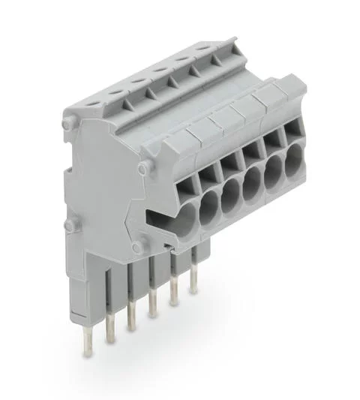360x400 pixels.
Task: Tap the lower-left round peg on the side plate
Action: click(70, 224)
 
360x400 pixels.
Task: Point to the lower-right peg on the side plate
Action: click(137, 244)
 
